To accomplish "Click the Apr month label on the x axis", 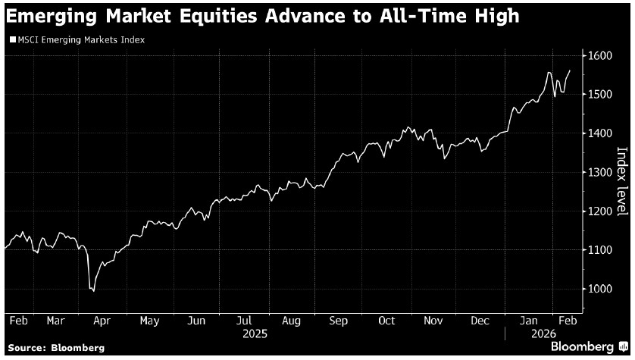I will pyautogui.click(x=101, y=321).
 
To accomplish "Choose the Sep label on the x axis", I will pyautogui.click(x=339, y=321).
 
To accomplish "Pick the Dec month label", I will pyautogui.click(x=480, y=321).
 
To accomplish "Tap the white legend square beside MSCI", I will pyautogui.click(x=11, y=39).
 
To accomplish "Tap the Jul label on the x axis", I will pyautogui.click(x=244, y=321).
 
